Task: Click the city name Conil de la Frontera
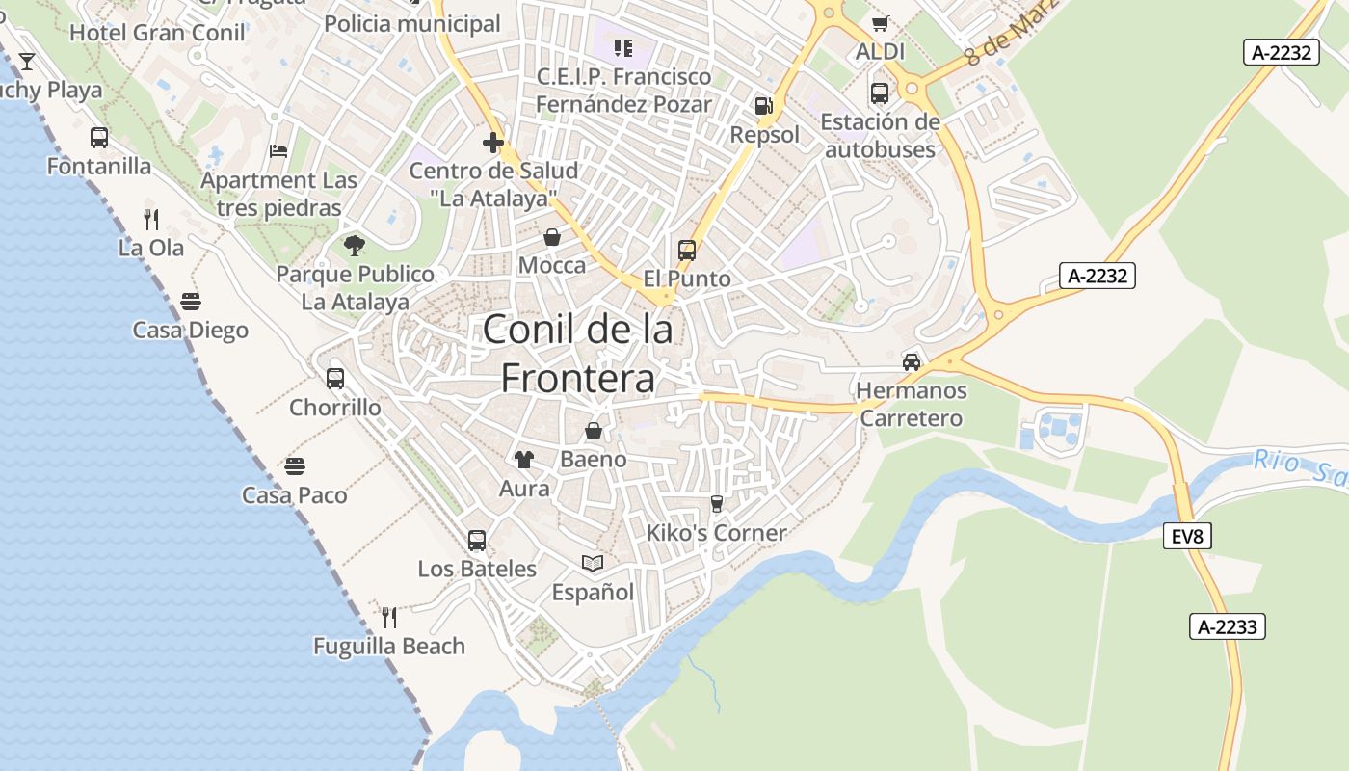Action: click(x=577, y=354)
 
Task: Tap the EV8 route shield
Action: click(x=1187, y=536)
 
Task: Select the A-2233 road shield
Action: click(x=1227, y=626)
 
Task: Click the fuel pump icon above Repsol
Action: click(x=763, y=105)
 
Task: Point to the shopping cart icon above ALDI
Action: click(x=880, y=23)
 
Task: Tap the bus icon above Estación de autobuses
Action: click(x=880, y=93)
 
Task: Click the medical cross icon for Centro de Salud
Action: click(x=493, y=144)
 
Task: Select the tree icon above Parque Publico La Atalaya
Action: click(x=355, y=245)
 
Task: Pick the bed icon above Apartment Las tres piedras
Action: click(x=278, y=151)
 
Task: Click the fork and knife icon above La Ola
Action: click(x=150, y=219)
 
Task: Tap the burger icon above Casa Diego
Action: click(x=190, y=301)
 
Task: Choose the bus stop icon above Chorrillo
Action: click(x=335, y=378)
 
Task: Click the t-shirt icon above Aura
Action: click(x=524, y=459)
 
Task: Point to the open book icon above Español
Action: click(x=593, y=563)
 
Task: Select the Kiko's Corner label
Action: click(x=716, y=533)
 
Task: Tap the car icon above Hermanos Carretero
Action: click(x=912, y=361)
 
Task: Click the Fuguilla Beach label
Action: click(x=389, y=646)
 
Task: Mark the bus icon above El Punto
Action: click(x=687, y=251)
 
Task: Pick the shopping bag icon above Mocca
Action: click(x=552, y=236)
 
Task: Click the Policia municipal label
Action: click(x=412, y=23)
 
